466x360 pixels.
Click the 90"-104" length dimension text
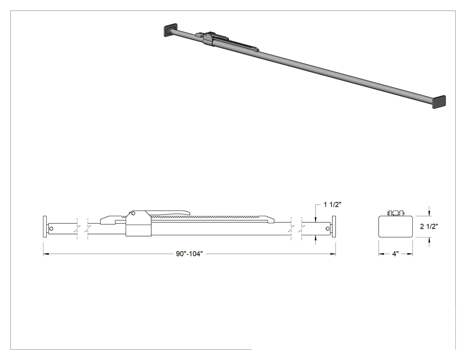[x=189, y=254]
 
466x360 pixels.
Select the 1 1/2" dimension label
[x=332, y=205]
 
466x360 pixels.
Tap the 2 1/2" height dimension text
[x=429, y=226]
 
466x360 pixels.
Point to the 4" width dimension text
[x=395, y=254]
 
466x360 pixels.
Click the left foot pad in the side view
[x=45, y=226]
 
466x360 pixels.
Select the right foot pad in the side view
[x=334, y=226]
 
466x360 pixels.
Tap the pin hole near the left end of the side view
[x=51, y=229]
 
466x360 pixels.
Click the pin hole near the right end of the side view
[x=328, y=229]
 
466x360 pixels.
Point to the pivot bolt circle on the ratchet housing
[x=134, y=213]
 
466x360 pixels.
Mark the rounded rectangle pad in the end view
[x=396, y=226]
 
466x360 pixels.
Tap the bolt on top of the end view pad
[x=396, y=213]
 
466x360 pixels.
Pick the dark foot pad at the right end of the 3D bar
[x=439, y=102]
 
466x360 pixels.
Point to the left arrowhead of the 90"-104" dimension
[x=45, y=254]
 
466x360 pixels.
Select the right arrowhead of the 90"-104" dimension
[x=333, y=254]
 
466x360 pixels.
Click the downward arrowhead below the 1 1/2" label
[x=316, y=219]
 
